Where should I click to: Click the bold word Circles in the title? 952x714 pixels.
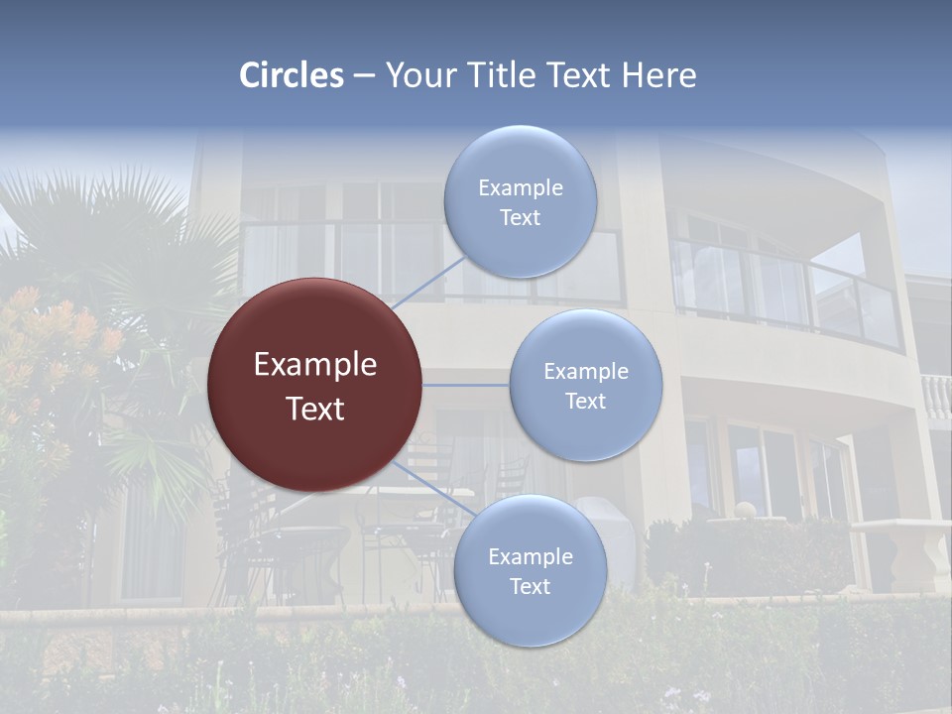[x=292, y=75]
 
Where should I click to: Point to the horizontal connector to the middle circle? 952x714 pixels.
[x=466, y=385]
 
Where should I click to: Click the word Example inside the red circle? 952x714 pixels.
[x=314, y=365]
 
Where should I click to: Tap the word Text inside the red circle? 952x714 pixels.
[x=314, y=409]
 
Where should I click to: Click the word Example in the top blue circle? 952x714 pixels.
[x=520, y=187]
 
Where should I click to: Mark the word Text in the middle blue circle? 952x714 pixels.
[x=585, y=401]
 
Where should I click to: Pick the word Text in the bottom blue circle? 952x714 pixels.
[x=530, y=586]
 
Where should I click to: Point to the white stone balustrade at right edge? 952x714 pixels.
[x=936, y=397]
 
